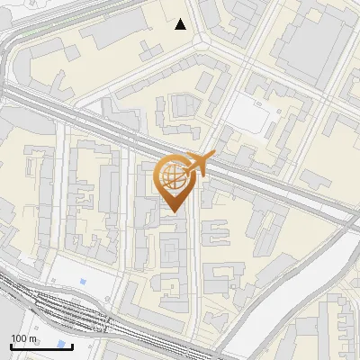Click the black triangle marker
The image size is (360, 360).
[x=181, y=24]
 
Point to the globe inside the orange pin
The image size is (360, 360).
[x=175, y=176]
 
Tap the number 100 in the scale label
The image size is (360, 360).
[x=18, y=338]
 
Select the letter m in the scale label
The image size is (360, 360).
[x=32, y=338]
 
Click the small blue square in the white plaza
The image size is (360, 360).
[x=83, y=282]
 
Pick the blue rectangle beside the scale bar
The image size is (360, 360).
[x=62, y=344]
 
